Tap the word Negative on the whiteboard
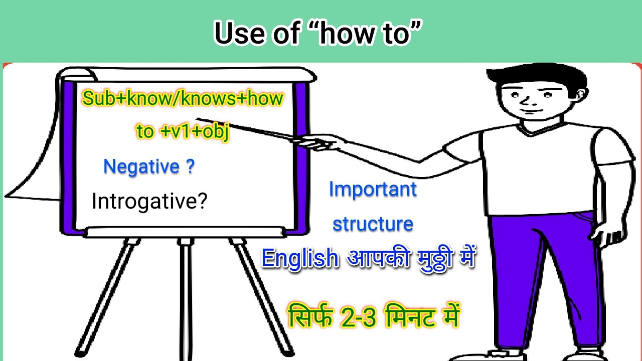click(141, 167)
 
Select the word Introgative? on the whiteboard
click(149, 202)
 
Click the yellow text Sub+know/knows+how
click(183, 99)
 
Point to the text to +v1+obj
click(183, 131)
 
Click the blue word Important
click(373, 190)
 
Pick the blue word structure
click(373, 224)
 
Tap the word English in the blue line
click(300, 259)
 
